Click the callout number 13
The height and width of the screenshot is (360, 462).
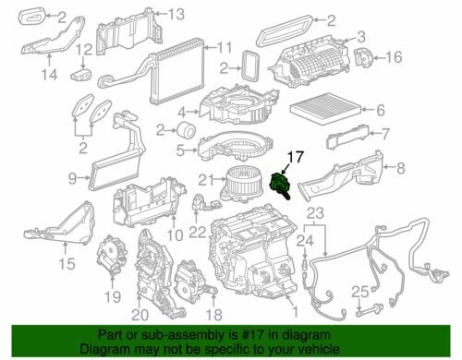176,12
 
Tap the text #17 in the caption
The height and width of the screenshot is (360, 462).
238,333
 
